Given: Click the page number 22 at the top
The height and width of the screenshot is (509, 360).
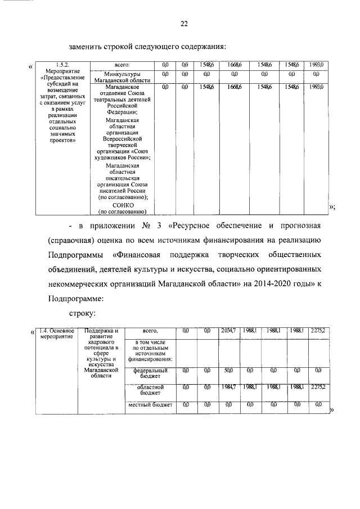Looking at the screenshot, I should click(183, 24).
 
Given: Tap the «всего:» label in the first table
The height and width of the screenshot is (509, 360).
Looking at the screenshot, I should click(122, 65).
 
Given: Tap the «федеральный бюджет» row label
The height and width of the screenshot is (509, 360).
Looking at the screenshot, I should click(150, 373).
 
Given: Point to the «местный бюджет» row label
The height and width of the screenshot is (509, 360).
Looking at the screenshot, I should click(150, 404).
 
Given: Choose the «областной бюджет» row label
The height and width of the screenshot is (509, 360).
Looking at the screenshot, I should click(150, 390).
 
